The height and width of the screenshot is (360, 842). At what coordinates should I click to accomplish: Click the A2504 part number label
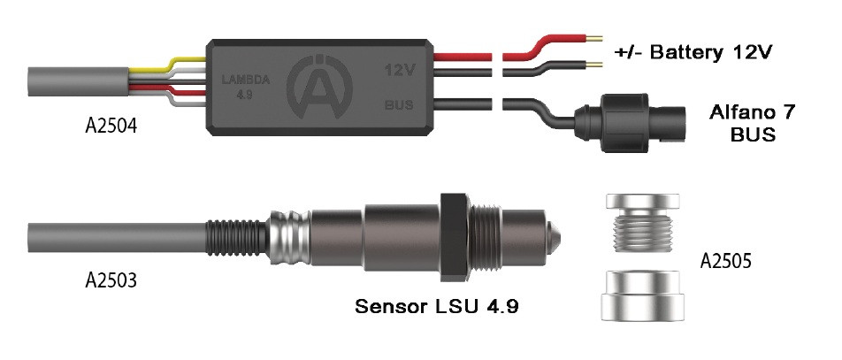point(111,126)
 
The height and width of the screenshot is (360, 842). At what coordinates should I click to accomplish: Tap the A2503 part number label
point(111,280)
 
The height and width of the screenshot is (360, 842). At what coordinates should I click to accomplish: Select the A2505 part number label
point(725,261)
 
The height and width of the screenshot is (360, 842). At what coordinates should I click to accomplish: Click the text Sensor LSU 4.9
point(437,307)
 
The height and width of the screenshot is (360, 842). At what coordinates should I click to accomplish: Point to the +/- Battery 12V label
point(693,52)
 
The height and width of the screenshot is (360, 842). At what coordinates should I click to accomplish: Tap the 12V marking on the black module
point(399,71)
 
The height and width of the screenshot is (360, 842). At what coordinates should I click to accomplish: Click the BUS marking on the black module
point(399,104)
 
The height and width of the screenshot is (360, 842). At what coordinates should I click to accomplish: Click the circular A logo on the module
point(320,86)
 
